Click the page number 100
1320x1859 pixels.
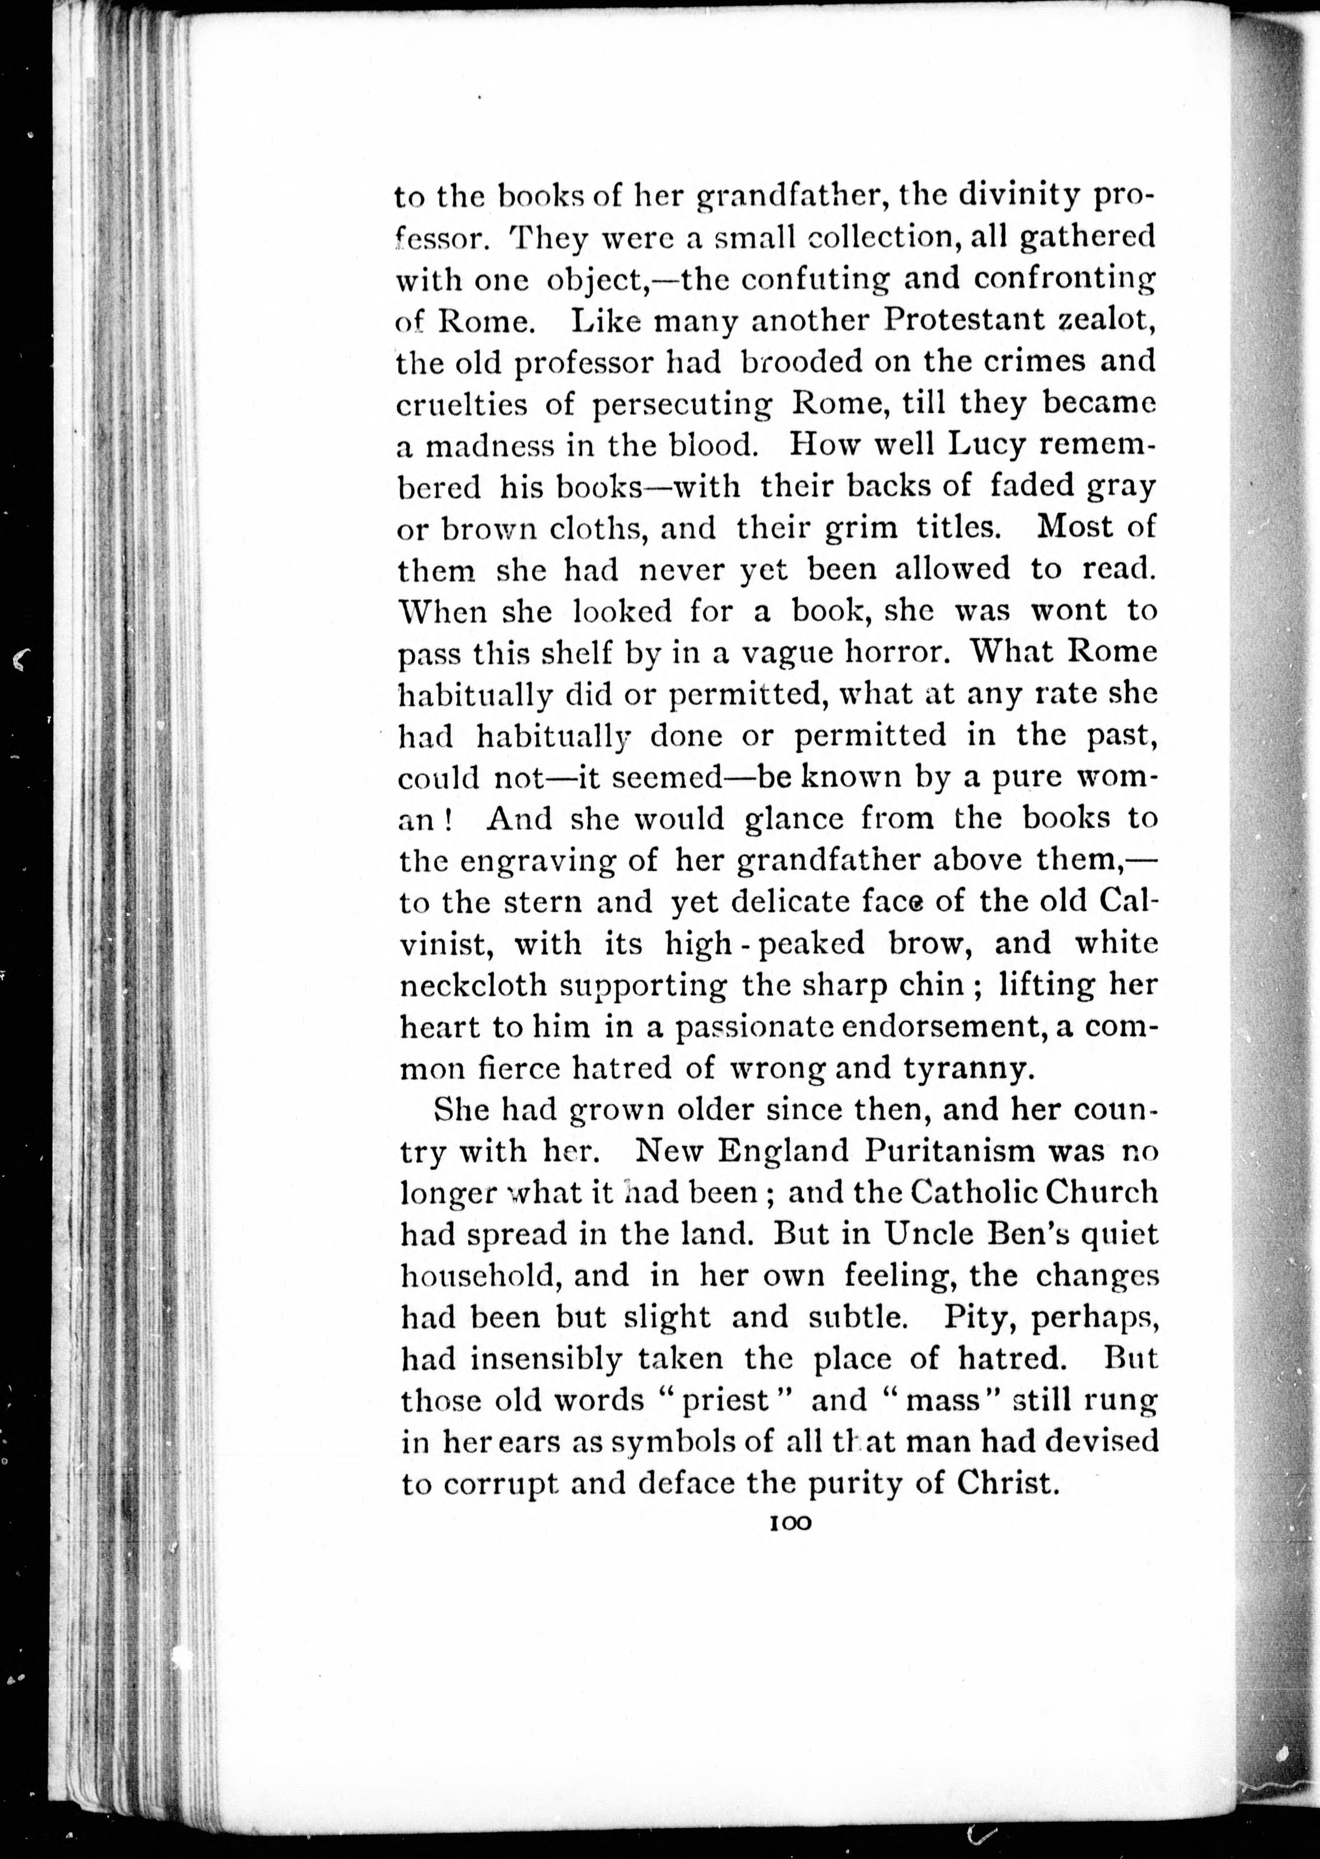pyautogui.click(x=789, y=1523)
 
